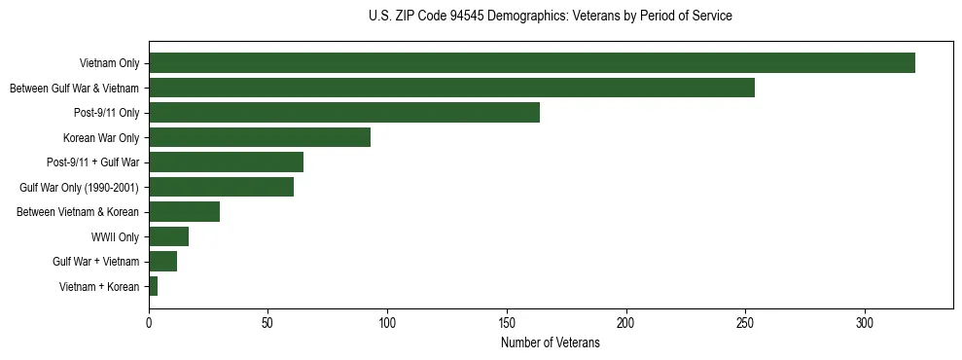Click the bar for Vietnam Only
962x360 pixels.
(532, 63)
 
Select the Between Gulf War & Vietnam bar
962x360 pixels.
(451, 88)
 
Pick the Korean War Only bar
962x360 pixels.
(260, 137)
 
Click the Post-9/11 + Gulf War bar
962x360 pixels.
(226, 162)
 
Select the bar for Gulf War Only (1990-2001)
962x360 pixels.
(221, 187)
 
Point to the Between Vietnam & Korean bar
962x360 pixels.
(184, 212)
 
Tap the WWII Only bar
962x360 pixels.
(168, 236)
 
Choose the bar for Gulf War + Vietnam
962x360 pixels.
(162, 262)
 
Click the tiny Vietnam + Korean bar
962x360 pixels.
(153, 286)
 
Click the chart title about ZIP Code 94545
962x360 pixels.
(551, 17)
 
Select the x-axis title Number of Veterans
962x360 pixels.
(551, 342)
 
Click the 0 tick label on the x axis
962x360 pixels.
(149, 322)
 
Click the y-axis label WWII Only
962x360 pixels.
(115, 236)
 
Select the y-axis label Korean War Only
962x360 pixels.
(101, 137)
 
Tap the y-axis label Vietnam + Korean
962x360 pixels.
(99, 286)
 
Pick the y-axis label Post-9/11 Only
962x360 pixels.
(106, 113)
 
